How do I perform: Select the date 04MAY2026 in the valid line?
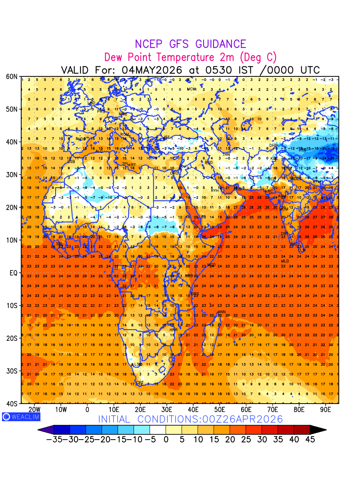(x=152, y=70)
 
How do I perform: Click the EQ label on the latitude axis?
(x=13, y=273)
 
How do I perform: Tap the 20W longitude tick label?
(x=35, y=410)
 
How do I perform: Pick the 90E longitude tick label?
(x=326, y=410)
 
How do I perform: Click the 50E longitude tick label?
(x=220, y=410)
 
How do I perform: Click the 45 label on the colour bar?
(x=310, y=440)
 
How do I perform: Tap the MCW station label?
(x=192, y=89)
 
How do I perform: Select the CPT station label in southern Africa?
(x=140, y=383)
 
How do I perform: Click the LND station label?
(x=92, y=103)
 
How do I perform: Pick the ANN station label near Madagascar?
(x=222, y=312)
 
